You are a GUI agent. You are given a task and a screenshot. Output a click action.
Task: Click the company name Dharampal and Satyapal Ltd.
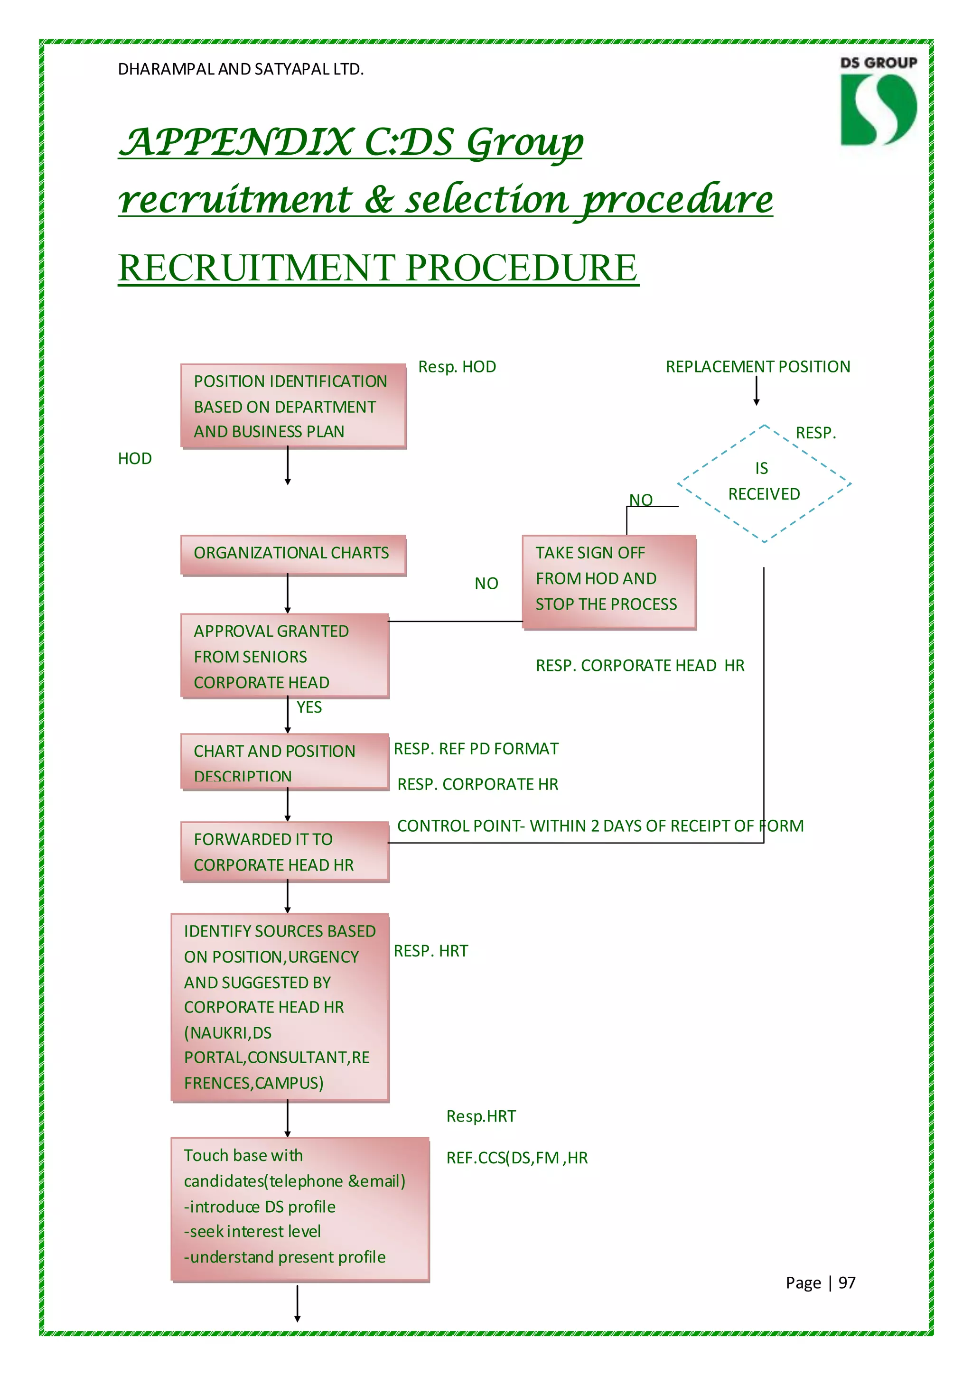pyautogui.click(x=241, y=69)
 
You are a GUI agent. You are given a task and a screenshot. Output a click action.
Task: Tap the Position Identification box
pyautogui.click(x=293, y=406)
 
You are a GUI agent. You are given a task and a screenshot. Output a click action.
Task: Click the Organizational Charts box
pyautogui.click(x=293, y=554)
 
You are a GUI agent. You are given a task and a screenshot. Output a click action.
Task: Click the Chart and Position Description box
pyautogui.click(x=284, y=762)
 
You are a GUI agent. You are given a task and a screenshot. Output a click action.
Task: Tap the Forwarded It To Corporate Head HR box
pyautogui.click(x=284, y=852)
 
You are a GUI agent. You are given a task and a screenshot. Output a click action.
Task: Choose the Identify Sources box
pyautogui.click(x=280, y=1007)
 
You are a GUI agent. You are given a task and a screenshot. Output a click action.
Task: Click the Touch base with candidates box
pyautogui.click(x=299, y=1209)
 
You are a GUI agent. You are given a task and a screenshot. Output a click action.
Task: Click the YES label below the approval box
pyautogui.click(x=309, y=707)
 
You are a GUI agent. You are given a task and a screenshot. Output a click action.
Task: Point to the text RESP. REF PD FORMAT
pyautogui.click(x=476, y=749)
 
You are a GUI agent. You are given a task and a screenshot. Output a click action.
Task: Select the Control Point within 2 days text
pyautogui.click(x=600, y=826)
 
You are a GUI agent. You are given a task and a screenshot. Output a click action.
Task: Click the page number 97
pyautogui.click(x=846, y=1282)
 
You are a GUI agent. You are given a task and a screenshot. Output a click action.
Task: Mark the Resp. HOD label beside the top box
pyautogui.click(x=457, y=366)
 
